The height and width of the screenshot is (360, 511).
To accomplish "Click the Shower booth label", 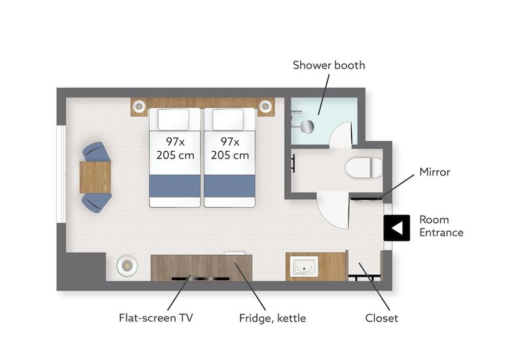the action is pyautogui.click(x=329, y=65).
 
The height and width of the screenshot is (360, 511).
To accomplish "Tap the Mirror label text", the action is pyautogui.click(x=434, y=172).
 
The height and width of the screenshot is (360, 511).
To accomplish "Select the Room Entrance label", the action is pyautogui.click(x=442, y=226).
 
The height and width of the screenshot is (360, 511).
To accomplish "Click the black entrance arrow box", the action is pyautogui.click(x=396, y=228).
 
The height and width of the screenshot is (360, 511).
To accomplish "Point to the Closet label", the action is pyautogui.click(x=381, y=318).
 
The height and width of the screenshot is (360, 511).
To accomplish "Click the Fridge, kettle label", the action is pyautogui.click(x=273, y=318).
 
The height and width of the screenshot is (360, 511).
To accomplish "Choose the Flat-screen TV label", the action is pyautogui.click(x=156, y=317).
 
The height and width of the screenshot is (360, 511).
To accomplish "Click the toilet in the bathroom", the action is pyautogui.click(x=364, y=168).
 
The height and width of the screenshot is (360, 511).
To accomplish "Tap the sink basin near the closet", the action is pyautogui.click(x=305, y=266).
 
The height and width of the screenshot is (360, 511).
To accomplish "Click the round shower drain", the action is pyautogui.click(x=307, y=126).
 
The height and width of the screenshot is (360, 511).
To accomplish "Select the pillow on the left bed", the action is pyautogui.click(x=174, y=120).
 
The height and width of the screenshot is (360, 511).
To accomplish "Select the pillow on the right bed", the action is pyautogui.click(x=228, y=120).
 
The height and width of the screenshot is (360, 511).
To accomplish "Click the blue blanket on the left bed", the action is pyautogui.click(x=175, y=186).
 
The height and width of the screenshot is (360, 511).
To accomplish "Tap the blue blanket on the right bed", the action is pyautogui.click(x=229, y=186).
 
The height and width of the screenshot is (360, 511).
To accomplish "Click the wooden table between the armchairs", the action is pyautogui.click(x=95, y=177).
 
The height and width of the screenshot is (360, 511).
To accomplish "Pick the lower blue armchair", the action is pyautogui.click(x=96, y=203).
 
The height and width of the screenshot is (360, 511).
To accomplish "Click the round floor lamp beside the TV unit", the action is pyautogui.click(x=127, y=266).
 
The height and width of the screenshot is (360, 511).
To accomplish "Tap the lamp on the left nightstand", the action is pyautogui.click(x=139, y=106).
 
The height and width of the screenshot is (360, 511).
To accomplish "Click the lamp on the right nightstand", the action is pyautogui.click(x=265, y=106).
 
